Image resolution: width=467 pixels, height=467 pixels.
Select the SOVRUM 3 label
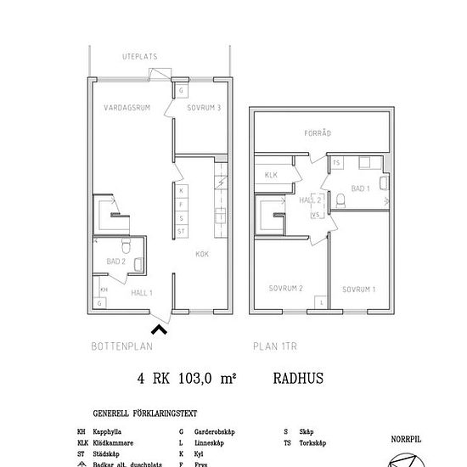click(205, 109)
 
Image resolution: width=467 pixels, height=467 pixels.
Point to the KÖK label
click(202, 254)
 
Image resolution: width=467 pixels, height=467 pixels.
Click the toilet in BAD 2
click(125, 247)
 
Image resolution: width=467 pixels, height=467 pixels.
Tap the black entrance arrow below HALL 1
click(159, 327)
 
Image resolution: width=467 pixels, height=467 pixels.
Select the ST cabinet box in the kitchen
click(181, 231)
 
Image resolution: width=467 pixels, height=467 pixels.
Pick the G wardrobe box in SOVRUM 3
click(181, 90)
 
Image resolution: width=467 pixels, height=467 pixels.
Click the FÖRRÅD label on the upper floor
click(318, 133)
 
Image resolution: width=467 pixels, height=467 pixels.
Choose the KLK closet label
click(272, 176)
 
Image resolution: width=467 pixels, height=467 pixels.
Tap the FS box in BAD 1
click(336, 162)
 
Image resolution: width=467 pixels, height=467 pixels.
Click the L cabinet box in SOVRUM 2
click(321, 302)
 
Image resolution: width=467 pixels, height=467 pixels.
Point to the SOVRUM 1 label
click(359, 290)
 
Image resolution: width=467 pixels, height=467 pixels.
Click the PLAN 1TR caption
click(277, 346)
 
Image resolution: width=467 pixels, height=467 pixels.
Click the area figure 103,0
click(197, 381)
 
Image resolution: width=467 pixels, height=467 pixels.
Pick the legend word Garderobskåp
click(215, 431)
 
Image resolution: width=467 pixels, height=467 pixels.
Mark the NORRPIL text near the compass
click(406, 440)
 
